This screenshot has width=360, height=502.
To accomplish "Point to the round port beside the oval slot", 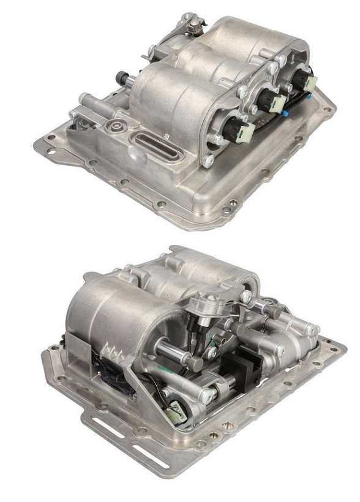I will coord(114,129).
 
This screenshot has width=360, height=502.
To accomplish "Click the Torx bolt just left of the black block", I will coord(212,389).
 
